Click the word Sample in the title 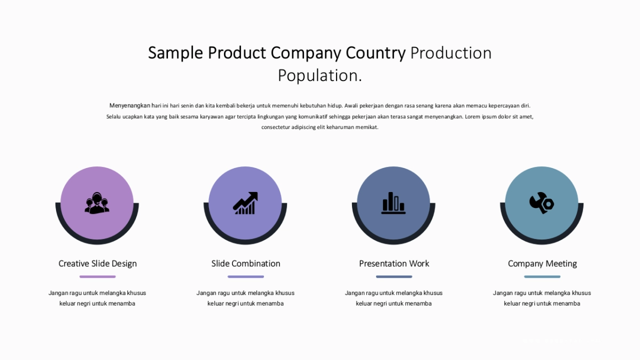(175, 53)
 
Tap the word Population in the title (317, 76)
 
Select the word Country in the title (375, 53)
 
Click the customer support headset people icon (97, 203)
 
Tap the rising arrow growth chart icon (245, 203)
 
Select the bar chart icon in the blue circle (394, 203)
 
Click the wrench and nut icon (542, 203)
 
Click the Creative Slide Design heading (98, 263)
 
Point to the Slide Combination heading (246, 263)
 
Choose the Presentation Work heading (394, 263)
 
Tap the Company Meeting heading (542, 263)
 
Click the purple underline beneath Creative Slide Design (98, 277)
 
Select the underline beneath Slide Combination (246, 277)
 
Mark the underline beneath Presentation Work (394, 277)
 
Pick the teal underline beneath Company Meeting (542, 277)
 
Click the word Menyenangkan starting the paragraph (130, 106)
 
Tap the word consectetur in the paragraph (275, 127)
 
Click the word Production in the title (451, 53)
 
